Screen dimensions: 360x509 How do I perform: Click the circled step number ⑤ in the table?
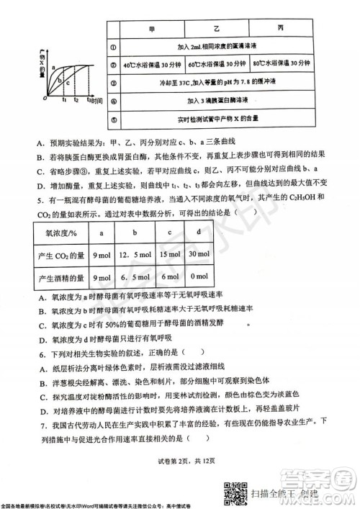tap(114, 117)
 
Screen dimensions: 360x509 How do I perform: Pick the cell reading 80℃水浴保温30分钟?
tap(278, 64)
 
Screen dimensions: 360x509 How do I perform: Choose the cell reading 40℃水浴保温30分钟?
tap(151, 64)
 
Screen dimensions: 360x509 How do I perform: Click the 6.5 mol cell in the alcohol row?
tap(134, 277)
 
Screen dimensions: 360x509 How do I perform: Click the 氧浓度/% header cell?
tap(61, 233)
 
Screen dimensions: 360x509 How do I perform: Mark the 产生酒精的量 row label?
tap(61, 277)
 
